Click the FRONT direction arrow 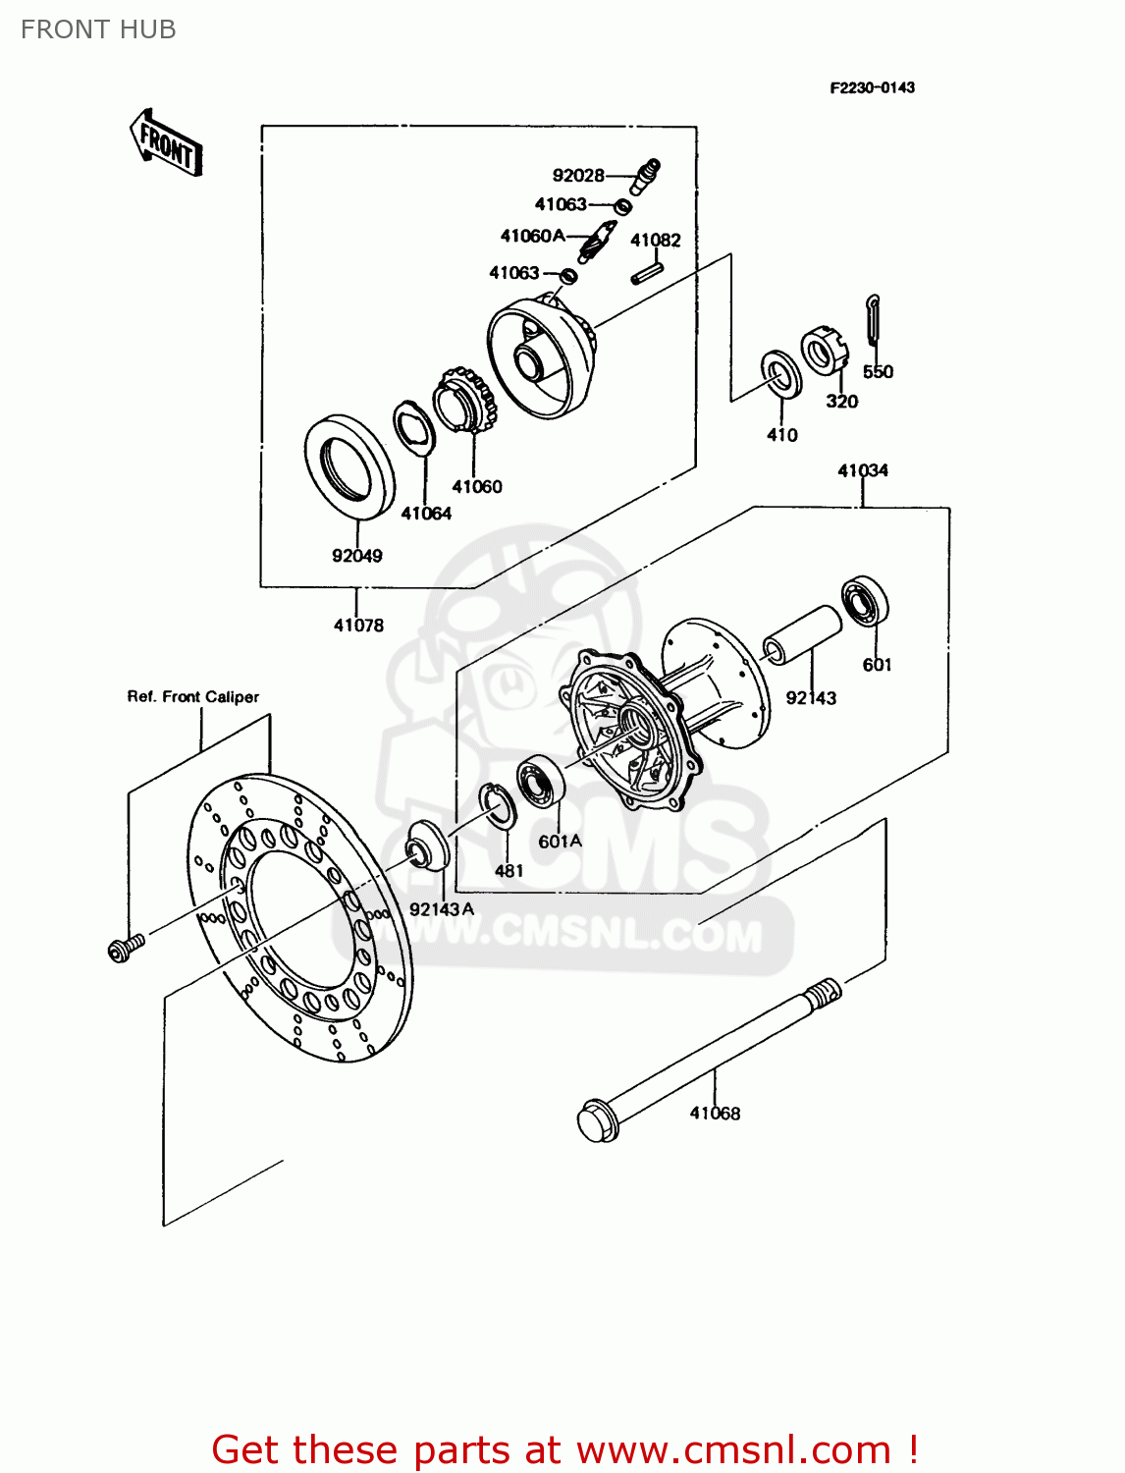165,143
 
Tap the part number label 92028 578,176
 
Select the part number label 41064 426,514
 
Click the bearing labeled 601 865,601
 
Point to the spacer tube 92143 802,634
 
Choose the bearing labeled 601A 539,781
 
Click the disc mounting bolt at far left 124,949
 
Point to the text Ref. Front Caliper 193,697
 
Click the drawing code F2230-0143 872,87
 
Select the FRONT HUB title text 98,29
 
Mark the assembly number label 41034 862,471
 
